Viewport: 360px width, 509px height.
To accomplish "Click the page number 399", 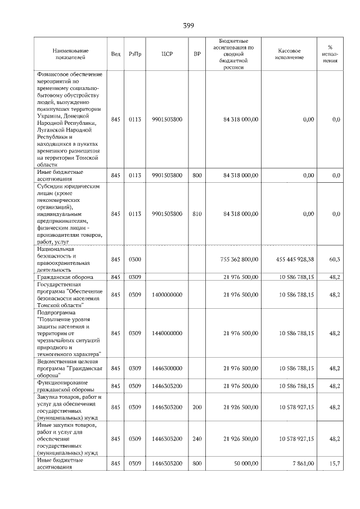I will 188,26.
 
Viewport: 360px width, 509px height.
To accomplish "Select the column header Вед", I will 115,54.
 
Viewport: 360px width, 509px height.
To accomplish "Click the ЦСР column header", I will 167,54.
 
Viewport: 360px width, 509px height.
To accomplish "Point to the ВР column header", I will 197,54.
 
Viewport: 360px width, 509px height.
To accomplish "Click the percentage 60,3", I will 334,259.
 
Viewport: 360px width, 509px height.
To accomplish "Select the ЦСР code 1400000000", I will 167,294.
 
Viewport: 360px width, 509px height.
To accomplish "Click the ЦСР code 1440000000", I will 167,333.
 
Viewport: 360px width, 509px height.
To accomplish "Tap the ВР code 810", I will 197,214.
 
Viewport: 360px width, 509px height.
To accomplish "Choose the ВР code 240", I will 197,438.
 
